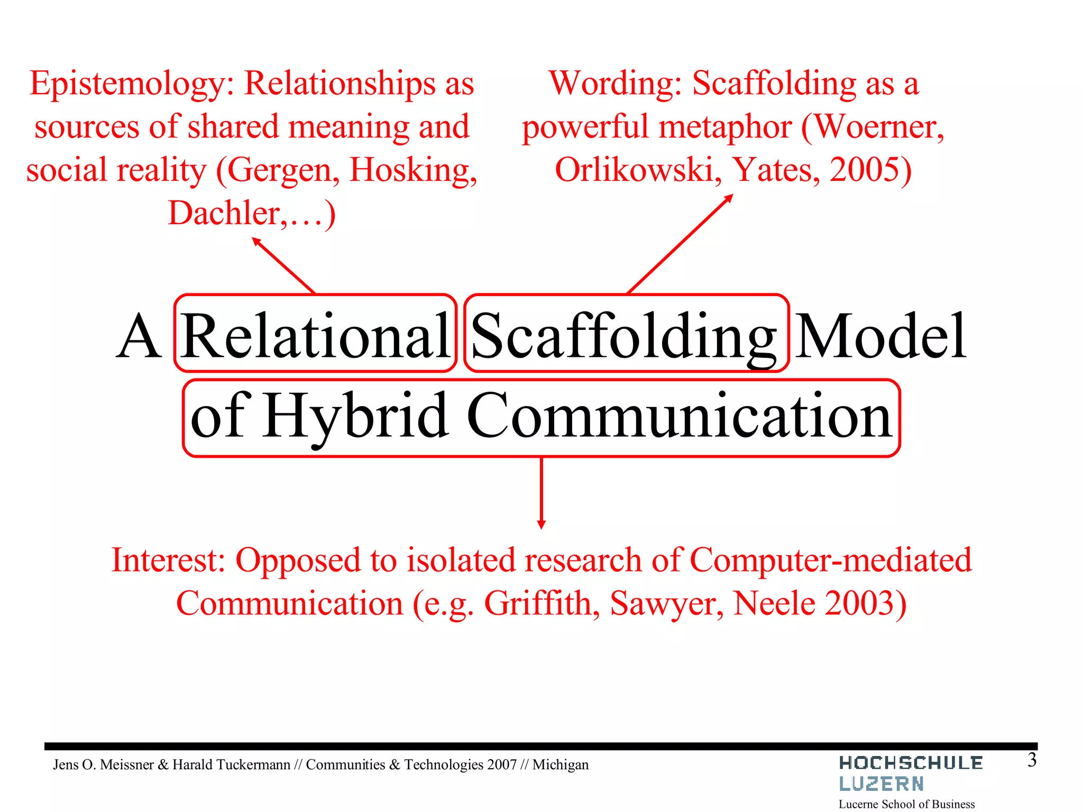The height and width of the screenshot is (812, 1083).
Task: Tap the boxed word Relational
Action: point(315,335)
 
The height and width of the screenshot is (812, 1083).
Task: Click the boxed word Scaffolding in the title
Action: point(624,336)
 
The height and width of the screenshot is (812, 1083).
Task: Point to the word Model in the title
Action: point(881,336)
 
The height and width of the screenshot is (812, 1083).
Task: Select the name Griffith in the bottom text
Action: point(541,604)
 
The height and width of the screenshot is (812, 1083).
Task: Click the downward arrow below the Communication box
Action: point(541,492)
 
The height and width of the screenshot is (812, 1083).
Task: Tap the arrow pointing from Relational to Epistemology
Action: point(283,265)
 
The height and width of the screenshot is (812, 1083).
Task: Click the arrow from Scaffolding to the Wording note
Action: point(680,244)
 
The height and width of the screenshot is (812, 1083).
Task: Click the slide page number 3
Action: point(1032,761)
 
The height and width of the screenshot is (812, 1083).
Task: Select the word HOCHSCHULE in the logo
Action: point(911,763)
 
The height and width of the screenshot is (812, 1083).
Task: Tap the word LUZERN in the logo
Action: point(881,784)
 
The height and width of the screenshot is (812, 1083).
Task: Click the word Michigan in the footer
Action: point(560,765)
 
